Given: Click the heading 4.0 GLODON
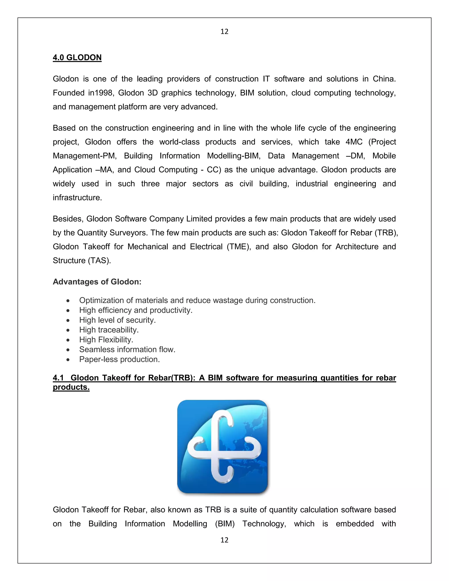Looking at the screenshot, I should pos(77,57).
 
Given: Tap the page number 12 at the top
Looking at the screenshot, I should pos(224,32).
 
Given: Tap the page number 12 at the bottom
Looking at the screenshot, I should pos(224,540).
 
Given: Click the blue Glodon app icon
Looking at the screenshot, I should pos(222,447).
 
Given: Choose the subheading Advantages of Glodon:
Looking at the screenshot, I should pos(97,282).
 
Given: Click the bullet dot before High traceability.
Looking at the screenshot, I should pos(68,330).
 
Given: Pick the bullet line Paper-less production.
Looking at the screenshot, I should pos(119,359).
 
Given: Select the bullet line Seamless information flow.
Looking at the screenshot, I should pos(127,349).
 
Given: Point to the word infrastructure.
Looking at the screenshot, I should pos(77,198).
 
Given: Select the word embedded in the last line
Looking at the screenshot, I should pos(355,524).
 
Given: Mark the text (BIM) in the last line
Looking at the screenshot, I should pos(225,524).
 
